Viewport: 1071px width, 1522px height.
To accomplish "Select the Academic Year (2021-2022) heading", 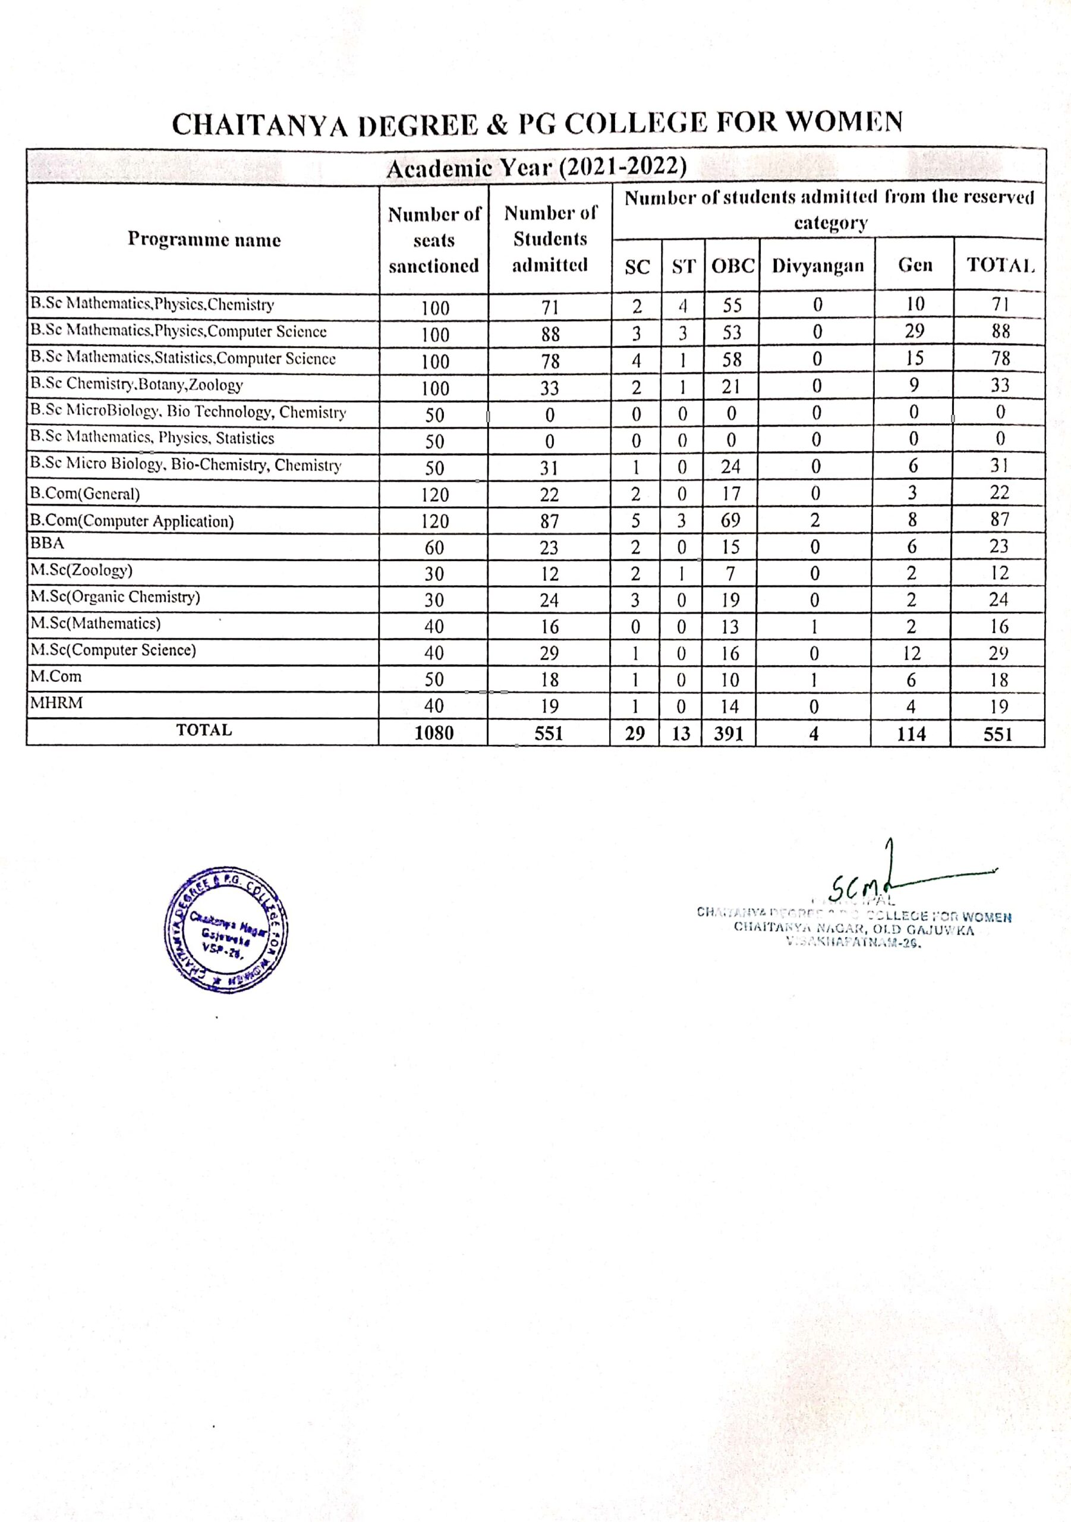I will (x=535, y=168).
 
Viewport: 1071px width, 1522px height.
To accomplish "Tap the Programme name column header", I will (x=204, y=240).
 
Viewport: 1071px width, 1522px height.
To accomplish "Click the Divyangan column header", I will (x=818, y=266).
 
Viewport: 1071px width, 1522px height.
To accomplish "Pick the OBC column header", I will (x=733, y=266).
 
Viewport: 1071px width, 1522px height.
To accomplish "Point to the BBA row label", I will (x=47, y=543).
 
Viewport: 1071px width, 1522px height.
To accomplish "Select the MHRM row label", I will (x=56, y=703).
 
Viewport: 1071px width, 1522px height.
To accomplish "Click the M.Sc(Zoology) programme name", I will (x=81, y=570).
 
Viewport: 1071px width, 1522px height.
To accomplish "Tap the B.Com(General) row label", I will (x=85, y=494).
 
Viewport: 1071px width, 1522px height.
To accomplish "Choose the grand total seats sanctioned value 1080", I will (x=434, y=733).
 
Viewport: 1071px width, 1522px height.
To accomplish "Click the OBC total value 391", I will (x=729, y=734).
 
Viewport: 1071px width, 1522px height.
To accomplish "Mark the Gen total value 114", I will (x=911, y=734).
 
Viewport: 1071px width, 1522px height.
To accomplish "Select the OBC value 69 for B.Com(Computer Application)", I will (x=730, y=520).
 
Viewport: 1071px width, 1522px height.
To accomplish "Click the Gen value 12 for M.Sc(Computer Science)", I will (x=912, y=653).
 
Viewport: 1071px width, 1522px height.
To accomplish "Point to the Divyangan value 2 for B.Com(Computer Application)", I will (x=815, y=520).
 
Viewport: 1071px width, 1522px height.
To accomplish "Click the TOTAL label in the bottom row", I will (x=204, y=730).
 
